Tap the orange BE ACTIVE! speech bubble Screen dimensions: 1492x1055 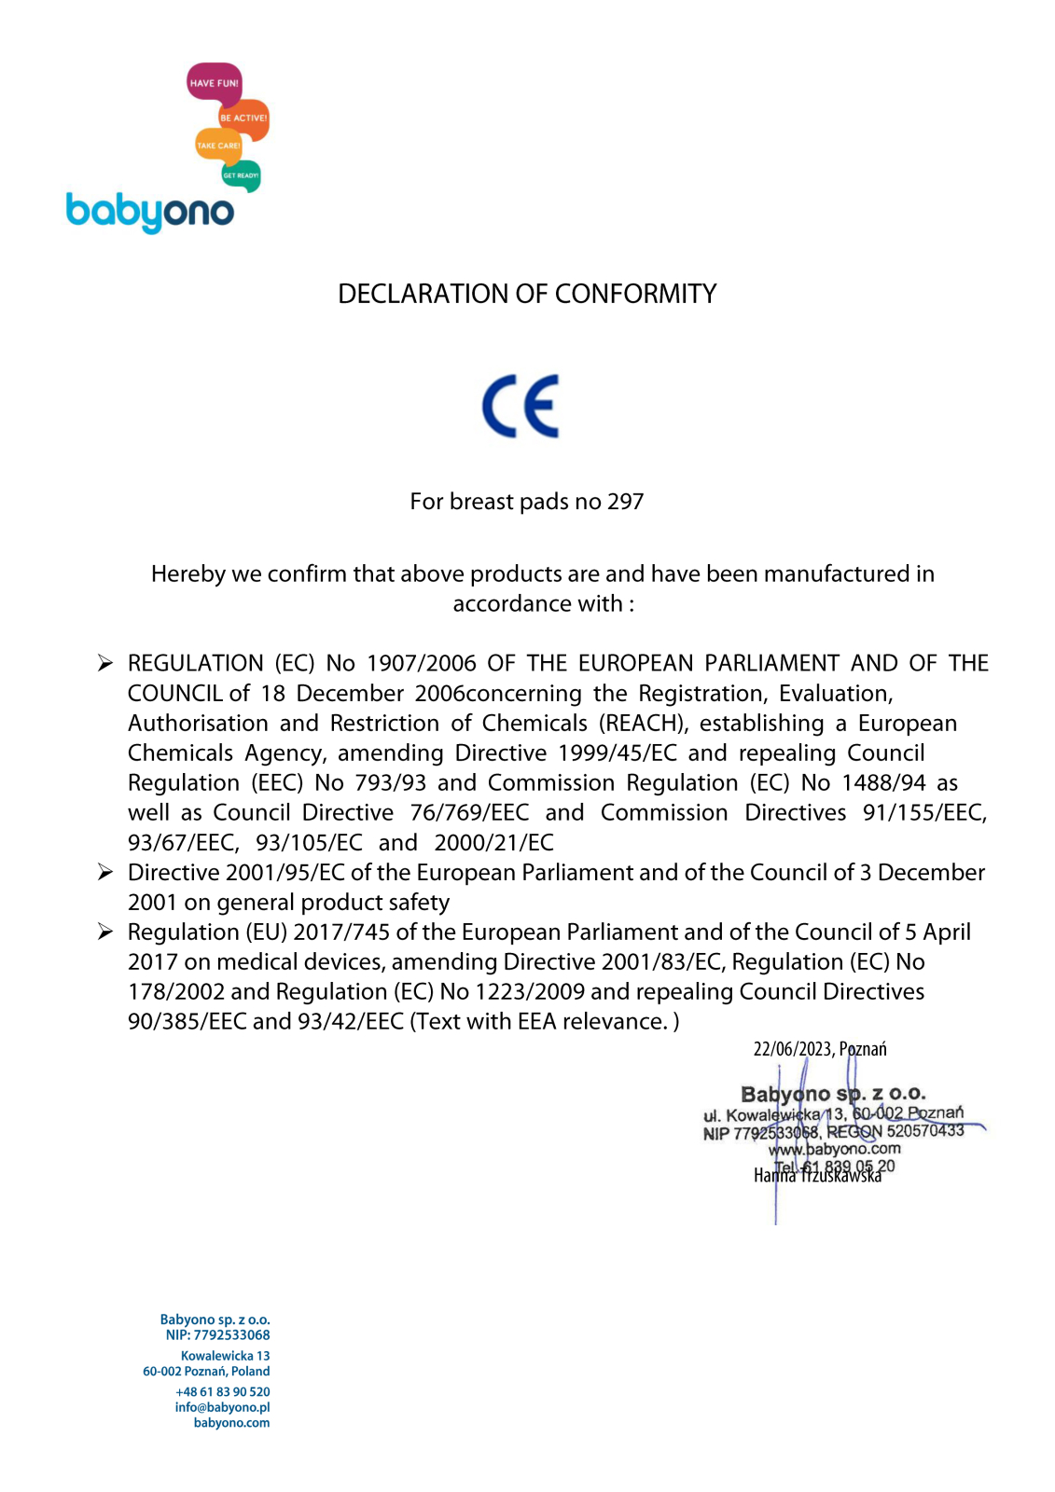pyautogui.click(x=244, y=118)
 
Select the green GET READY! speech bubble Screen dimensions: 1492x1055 pyautogui.click(x=241, y=175)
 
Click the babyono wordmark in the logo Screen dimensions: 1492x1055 pyautogui.click(x=149, y=212)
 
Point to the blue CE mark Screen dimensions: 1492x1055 pyautogui.click(x=521, y=407)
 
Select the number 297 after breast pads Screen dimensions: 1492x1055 pyautogui.click(x=625, y=502)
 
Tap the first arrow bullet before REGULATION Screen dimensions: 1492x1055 pyautogui.click(x=105, y=663)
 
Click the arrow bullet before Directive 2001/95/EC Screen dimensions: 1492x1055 pyautogui.click(x=105, y=872)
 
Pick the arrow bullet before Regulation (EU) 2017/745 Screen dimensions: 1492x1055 pyautogui.click(x=105, y=932)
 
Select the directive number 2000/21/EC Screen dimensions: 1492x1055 pyautogui.click(x=493, y=842)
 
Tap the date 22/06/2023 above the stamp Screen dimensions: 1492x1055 pyautogui.click(x=792, y=1049)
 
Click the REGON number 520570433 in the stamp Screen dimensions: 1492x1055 pyautogui.click(x=924, y=1130)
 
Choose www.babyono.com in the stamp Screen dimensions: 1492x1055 pyautogui.click(x=834, y=1149)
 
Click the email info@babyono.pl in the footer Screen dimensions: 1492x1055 pyautogui.click(x=222, y=1407)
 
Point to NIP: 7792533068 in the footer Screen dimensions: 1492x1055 pyautogui.click(x=217, y=1335)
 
